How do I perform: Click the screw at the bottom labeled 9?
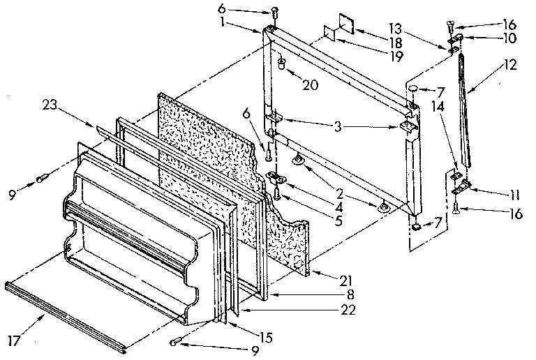(x=176, y=341)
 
